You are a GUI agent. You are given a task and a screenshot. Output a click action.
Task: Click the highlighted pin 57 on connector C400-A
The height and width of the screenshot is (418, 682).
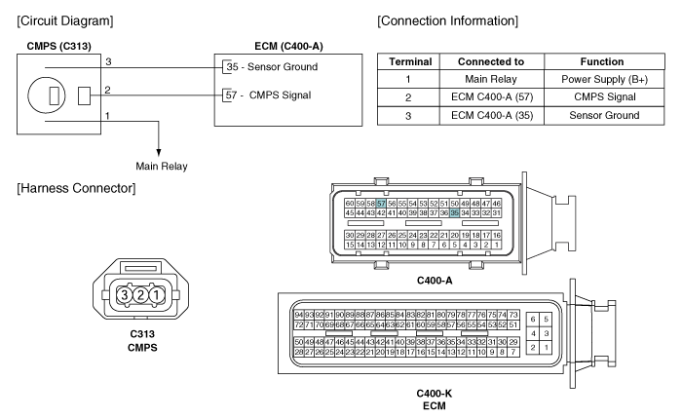pos(381,203)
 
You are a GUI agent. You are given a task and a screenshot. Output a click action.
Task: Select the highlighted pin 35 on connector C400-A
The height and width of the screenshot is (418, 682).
pos(455,212)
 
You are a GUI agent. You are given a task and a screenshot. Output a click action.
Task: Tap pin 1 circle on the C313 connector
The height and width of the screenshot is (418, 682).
pos(157,295)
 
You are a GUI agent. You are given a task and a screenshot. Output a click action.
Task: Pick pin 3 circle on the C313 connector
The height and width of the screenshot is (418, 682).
pos(125,295)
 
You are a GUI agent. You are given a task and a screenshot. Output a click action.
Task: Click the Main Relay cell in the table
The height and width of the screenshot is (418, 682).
pos(491,79)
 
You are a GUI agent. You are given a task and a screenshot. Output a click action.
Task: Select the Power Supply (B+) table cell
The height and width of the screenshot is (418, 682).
pos(604,79)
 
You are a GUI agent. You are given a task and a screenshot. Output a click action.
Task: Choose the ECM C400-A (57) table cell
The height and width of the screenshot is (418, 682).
pos(491,97)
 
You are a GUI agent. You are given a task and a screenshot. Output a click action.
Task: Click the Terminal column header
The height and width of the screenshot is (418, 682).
pos(409,61)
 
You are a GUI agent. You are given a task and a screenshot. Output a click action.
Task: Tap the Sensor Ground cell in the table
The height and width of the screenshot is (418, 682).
pos(604,115)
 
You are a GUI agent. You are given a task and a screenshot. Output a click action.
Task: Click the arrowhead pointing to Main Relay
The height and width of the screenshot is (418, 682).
pos(159,153)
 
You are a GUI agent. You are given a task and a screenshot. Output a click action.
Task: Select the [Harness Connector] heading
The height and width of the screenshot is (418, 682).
pos(76,188)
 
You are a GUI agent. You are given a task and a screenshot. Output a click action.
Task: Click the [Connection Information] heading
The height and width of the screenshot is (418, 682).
pos(447,20)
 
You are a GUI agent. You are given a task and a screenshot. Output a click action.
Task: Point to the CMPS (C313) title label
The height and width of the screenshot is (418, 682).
pos(59,46)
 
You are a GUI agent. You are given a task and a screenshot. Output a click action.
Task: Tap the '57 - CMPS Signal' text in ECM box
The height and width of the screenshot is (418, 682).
pos(268,95)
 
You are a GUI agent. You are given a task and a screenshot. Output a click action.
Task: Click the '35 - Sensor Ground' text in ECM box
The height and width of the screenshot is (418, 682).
pos(272,67)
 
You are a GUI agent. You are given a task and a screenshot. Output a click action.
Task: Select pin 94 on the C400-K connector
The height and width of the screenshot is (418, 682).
pos(299,315)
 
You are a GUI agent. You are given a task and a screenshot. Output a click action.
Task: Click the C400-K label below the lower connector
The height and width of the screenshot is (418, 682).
pos(435,394)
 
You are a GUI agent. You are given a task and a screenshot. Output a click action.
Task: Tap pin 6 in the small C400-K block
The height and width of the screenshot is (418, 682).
pos(533,320)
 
